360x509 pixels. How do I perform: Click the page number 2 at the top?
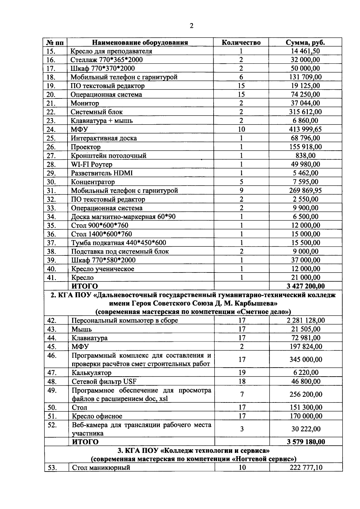pyautogui.click(x=192, y=26)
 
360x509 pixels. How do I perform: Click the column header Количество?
pyautogui.click(x=241, y=42)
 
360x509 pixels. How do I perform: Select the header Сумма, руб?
pyautogui.click(x=305, y=42)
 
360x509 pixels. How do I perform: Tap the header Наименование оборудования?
pyautogui.click(x=140, y=42)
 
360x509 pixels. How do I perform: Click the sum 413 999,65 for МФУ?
pyautogui.click(x=305, y=129)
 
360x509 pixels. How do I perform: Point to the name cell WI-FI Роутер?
pyautogui.click(x=91, y=164)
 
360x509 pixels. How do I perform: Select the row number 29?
pyautogui.click(x=52, y=173)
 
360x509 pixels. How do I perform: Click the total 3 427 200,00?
pyautogui.click(x=305, y=286)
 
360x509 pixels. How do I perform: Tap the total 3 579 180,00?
pyautogui.click(x=306, y=442)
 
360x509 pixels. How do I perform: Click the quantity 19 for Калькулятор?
pyautogui.click(x=242, y=373)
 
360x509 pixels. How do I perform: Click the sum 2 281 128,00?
pyautogui.click(x=306, y=321)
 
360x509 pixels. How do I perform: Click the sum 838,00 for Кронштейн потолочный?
pyautogui.click(x=305, y=155)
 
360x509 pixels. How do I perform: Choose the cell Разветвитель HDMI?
pyautogui.click(x=102, y=173)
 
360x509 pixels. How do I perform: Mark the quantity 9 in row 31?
pyautogui.click(x=241, y=191)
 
